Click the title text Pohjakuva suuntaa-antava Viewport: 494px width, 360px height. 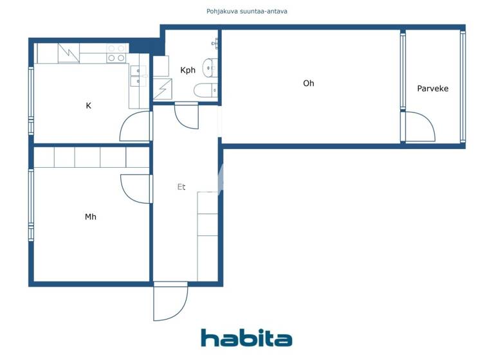246,11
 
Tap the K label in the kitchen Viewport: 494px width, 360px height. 88,105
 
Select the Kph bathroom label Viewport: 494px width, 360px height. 188,70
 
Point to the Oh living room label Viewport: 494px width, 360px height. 309,83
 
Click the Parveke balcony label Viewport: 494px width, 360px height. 433,88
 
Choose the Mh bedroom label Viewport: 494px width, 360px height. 91,217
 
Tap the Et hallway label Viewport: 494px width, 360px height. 181,187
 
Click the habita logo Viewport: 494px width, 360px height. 246,338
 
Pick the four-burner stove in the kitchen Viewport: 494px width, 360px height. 116,53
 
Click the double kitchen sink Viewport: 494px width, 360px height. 138,76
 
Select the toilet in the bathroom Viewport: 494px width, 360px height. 206,91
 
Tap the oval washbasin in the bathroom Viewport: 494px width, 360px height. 210,66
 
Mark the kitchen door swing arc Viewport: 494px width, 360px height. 134,127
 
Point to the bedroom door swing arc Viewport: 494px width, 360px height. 136,188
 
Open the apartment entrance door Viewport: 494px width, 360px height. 170,302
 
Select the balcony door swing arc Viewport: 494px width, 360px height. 419,127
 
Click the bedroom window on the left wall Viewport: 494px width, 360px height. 30,204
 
